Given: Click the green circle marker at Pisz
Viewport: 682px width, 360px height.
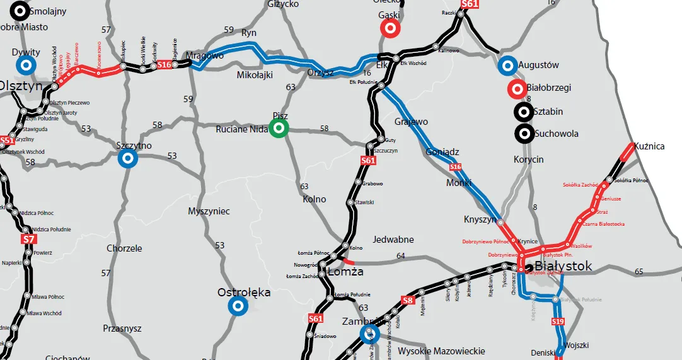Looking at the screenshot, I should point(279,129).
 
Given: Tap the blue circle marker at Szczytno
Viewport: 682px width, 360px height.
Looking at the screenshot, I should point(127,158).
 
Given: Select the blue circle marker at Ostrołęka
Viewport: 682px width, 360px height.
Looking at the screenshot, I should point(238,306).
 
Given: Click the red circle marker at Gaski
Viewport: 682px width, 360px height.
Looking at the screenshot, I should point(390,28).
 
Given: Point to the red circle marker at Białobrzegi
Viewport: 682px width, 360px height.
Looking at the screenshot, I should point(517,90).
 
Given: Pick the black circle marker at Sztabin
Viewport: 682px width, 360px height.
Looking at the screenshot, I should point(523,112).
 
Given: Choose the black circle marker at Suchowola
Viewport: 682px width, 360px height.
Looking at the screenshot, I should point(523,134).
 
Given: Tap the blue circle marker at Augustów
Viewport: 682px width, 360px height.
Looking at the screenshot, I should point(507,65).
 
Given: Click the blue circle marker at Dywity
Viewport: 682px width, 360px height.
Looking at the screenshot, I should point(26,65).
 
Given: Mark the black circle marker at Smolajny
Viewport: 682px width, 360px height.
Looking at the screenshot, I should point(20,11).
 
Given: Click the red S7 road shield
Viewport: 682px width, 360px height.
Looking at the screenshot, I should point(28,240).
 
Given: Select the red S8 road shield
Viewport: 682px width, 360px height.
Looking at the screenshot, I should point(408,300).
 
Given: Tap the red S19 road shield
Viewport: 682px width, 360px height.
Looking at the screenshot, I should point(558,322).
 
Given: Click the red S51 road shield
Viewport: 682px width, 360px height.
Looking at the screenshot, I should point(7,141).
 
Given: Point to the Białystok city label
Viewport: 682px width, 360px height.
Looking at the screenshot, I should point(563,266).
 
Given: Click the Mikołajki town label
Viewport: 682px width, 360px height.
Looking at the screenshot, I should point(255,75).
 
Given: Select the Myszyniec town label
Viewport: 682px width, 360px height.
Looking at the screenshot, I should point(209,211).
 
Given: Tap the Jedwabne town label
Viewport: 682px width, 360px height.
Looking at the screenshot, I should point(393,240).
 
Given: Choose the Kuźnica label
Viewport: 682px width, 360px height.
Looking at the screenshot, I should point(649,146).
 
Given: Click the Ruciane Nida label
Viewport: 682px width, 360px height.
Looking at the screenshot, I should point(241,129).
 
